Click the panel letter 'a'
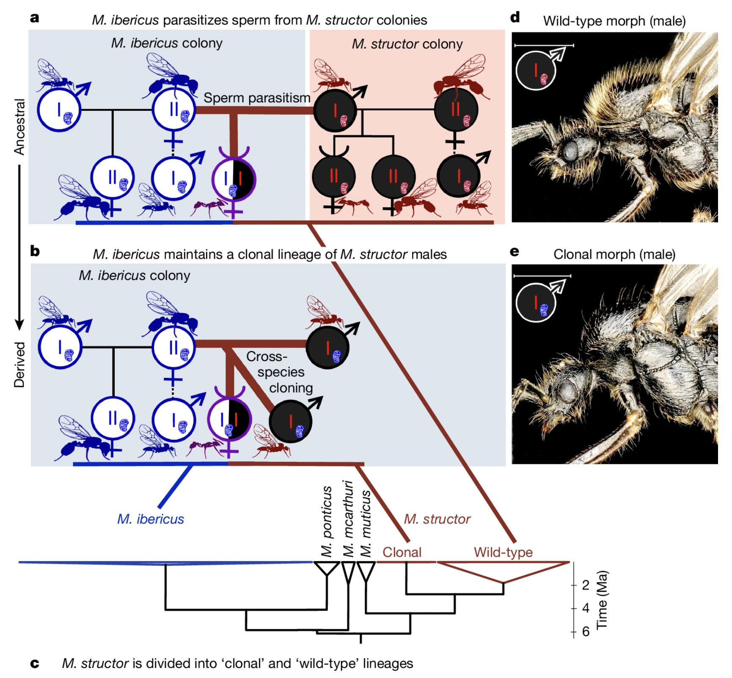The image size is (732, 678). (x=35, y=18)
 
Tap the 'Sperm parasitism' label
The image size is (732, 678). (x=257, y=98)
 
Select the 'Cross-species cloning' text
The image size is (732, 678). (x=280, y=372)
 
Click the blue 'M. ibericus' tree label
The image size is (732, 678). (x=151, y=519)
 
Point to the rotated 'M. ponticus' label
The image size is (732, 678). (x=326, y=521)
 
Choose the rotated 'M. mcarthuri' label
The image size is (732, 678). (x=348, y=519)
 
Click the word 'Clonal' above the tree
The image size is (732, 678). (x=402, y=552)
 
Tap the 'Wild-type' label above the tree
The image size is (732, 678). (x=503, y=552)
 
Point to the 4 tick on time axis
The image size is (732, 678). (x=574, y=608)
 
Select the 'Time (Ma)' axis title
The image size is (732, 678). (x=602, y=600)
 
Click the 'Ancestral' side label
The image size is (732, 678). (x=19, y=127)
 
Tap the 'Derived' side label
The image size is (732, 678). (x=19, y=365)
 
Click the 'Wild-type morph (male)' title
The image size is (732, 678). (x=614, y=21)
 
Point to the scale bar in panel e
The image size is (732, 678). (x=542, y=276)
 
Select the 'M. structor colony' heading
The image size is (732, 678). (x=407, y=44)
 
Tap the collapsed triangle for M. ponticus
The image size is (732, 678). (x=327, y=568)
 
